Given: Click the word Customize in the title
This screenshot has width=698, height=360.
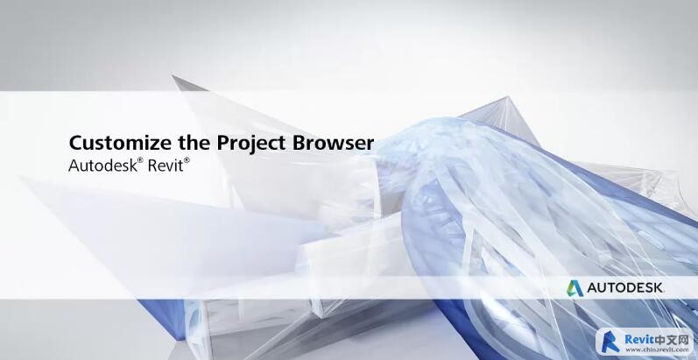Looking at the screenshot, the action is [x=120, y=144].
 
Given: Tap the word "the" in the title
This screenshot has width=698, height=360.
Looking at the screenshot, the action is [x=194, y=143].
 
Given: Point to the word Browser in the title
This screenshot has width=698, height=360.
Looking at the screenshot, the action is [x=334, y=143].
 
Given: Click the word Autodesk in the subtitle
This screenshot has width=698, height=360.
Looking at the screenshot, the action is [x=102, y=166].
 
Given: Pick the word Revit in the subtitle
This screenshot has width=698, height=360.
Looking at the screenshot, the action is [x=166, y=166].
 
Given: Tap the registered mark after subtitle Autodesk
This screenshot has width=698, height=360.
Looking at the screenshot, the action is [x=140, y=160].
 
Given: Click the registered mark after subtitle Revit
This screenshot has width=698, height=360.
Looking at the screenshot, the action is [x=187, y=160].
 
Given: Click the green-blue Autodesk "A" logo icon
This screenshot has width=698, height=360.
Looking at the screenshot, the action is [x=575, y=288].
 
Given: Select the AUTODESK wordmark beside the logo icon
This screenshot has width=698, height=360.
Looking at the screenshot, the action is [x=624, y=288].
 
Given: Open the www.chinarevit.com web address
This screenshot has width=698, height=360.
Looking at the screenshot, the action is [x=657, y=349].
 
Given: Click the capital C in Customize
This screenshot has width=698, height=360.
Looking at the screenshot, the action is [x=76, y=144].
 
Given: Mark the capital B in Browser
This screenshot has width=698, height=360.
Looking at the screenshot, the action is [x=300, y=144].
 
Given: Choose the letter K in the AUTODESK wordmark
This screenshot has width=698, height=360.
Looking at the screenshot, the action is [x=657, y=288].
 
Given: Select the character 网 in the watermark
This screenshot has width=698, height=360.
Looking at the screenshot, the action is [x=682, y=340].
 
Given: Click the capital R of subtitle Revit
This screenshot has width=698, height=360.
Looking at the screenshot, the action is [x=152, y=166].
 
